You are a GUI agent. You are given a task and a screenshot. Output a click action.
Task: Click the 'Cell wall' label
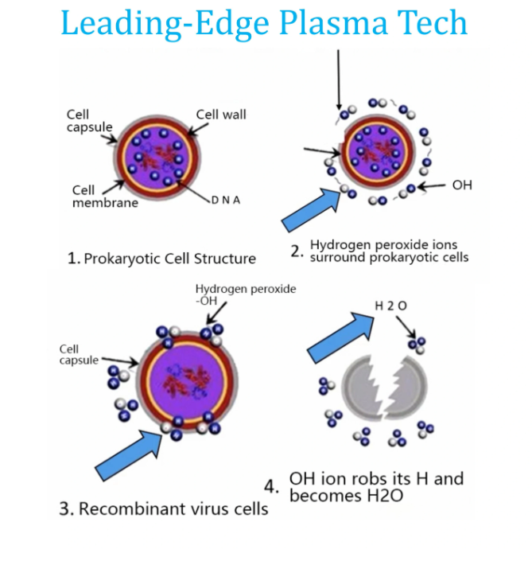coord(221,115)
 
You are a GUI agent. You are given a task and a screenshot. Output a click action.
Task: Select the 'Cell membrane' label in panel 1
coord(93,197)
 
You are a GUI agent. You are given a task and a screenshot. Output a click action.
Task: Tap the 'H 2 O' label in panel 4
coord(389,306)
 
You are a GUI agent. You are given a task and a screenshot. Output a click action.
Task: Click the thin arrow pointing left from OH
coord(430,185)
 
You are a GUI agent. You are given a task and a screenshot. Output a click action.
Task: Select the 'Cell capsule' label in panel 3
coord(80,355)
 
